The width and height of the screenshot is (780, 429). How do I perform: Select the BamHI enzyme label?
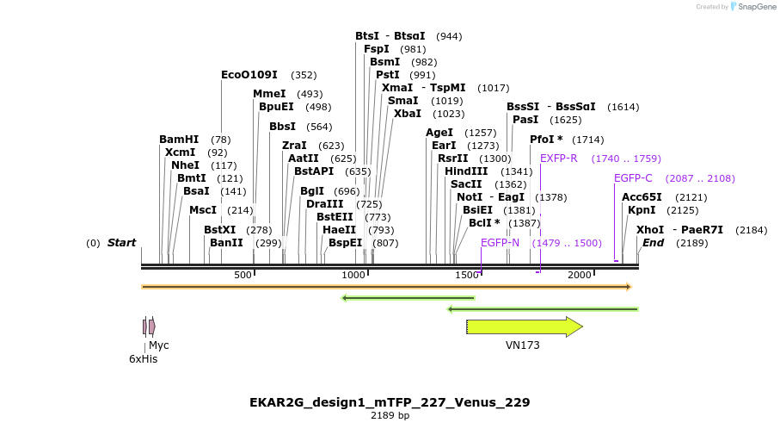pos(179,140)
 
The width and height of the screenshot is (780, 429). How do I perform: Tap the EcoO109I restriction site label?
pos(249,75)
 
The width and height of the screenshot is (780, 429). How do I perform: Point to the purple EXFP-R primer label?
pos(558,159)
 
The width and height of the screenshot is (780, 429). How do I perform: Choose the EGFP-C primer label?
pos(633,178)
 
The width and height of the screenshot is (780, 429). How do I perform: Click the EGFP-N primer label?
pos(500,243)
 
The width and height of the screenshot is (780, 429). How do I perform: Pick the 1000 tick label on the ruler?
pos(354,275)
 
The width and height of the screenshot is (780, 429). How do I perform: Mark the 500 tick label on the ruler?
pos(243,275)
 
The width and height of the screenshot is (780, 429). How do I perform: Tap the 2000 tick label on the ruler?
pos(580,275)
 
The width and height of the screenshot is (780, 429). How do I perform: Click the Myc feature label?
pos(159,345)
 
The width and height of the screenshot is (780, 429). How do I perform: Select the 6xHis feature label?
pos(144,358)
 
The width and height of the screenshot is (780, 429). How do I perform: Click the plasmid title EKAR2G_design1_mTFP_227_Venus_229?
pos(390,402)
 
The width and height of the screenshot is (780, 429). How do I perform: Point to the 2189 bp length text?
pos(390,415)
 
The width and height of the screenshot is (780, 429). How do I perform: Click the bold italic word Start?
pos(121,243)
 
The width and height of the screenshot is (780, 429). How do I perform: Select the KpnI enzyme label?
pos(642,210)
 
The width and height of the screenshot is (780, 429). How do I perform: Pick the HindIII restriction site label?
pos(466,171)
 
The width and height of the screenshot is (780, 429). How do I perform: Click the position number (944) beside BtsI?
pos(449,36)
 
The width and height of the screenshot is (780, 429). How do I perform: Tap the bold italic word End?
pos(653,243)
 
